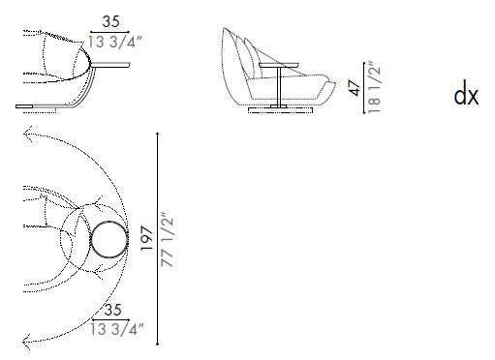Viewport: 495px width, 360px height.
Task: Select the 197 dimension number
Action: click(x=145, y=235)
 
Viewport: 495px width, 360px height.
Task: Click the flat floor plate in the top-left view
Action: click(x=39, y=104)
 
